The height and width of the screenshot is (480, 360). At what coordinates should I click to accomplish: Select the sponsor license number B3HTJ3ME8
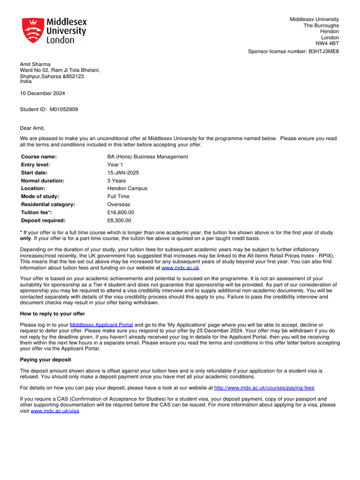pyautogui.click(x=323, y=52)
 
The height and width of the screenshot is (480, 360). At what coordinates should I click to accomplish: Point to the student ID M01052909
pyautogui.click(x=64, y=109)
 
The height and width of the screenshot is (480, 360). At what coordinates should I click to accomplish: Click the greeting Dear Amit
pyautogui.click(x=32, y=128)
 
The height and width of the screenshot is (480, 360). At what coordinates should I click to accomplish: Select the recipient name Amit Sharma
pyautogui.click(x=35, y=64)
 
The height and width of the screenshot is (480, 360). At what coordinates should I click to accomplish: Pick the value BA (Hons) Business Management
pyautogui.click(x=147, y=157)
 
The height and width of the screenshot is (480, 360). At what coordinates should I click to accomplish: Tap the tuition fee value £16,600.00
pyautogui.click(x=120, y=212)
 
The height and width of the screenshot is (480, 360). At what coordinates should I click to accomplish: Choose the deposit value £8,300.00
pyautogui.click(x=119, y=220)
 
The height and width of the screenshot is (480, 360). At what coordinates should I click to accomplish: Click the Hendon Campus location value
pyautogui.click(x=127, y=188)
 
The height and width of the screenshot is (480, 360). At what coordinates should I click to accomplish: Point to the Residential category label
pyautogui.click(x=48, y=204)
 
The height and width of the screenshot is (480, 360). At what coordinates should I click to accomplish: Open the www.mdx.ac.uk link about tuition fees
pyautogui.click(x=180, y=268)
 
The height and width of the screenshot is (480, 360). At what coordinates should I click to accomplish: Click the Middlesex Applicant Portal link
pyautogui.click(x=101, y=324)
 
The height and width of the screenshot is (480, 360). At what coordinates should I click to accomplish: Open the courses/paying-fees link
pyautogui.click(x=264, y=388)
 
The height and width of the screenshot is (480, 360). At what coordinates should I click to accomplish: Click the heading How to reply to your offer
pyautogui.click(x=52, y=314)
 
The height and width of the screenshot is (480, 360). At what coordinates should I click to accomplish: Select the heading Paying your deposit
pyautogui.click(x=45, y=360)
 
